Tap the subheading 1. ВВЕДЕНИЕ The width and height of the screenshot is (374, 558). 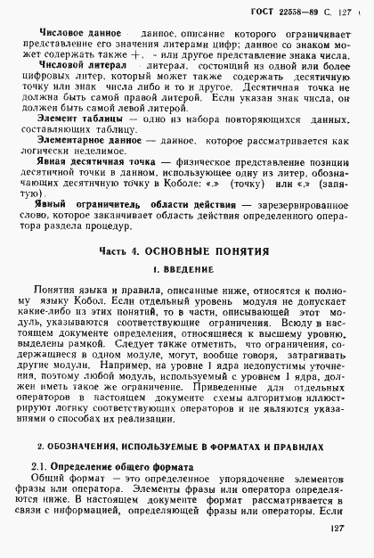185,293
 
